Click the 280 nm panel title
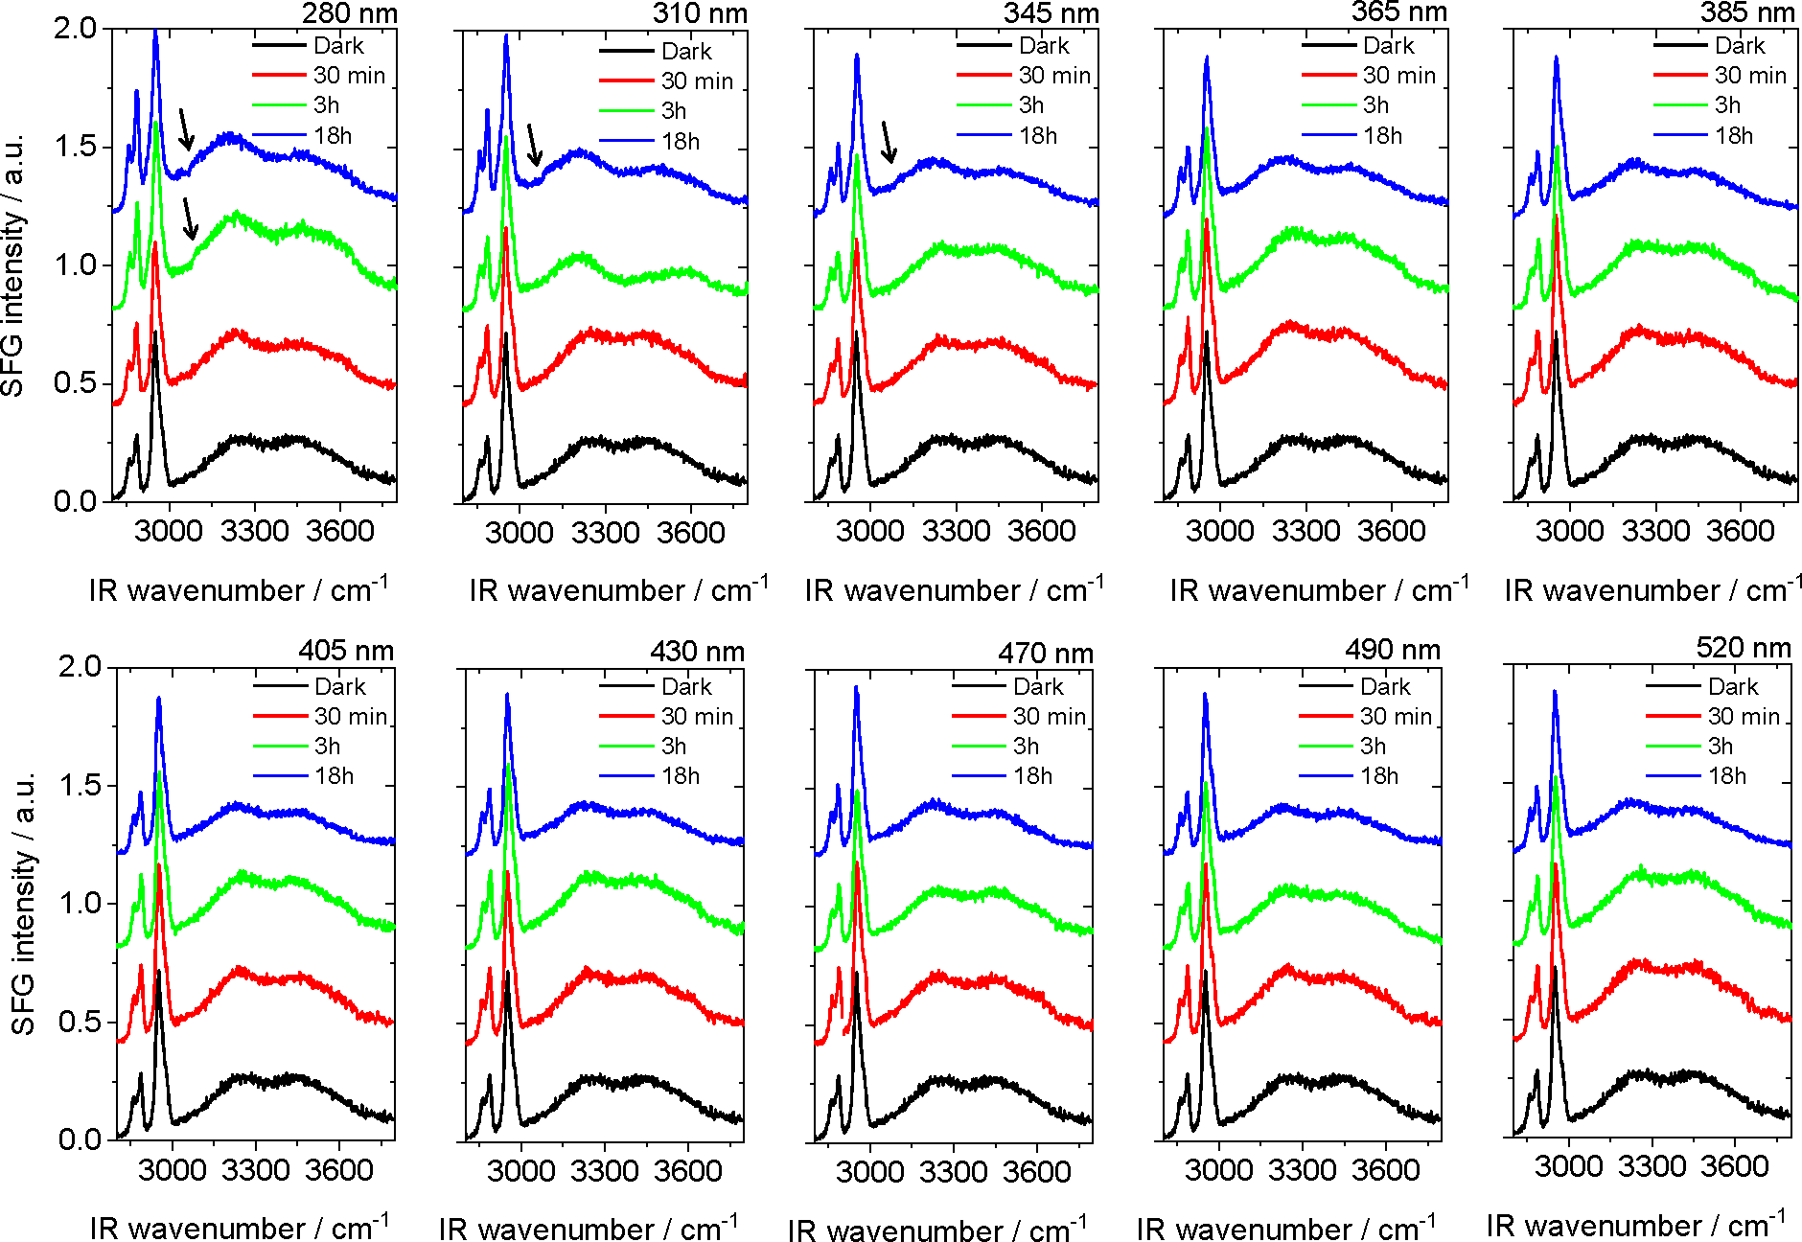tap(349, 13)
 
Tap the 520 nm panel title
tap(1743, 648)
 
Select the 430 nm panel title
tap(697, 652)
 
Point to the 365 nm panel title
tap(1398, 12)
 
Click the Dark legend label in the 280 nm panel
tap(338, 46)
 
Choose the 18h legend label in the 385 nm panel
tap(1734, 136)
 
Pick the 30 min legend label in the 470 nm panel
tap(1049, 717)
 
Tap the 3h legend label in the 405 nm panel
tap(327, 747)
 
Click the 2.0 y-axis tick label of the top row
tap(76, 29)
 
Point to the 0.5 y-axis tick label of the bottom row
tap(80, 1022)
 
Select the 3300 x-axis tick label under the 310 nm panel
tap(605, 532)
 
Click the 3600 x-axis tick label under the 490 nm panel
tap(1385, 1170)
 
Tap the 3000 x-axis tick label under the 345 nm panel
tap(869, 532)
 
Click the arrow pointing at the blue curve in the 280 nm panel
tap(186, 129)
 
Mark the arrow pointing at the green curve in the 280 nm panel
tap(190, 218)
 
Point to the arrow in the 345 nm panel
tap(889, 142)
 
